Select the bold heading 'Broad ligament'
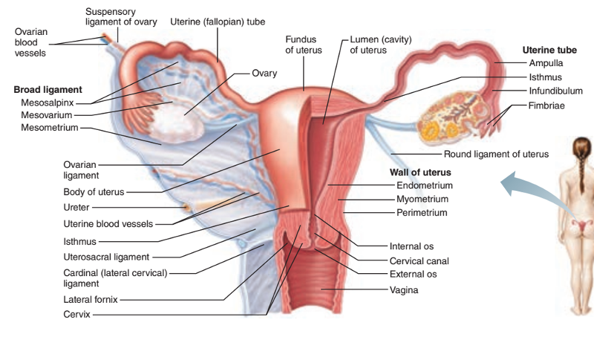pyautogui.click(x=48, y=90)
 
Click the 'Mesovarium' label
pyautogui.click(x=47, y=115)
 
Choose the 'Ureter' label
pyautogui.click(x=78, y=207)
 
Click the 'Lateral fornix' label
pyautogui.click(x=91, y=300)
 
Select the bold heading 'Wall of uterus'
pyautogui.click(x=421, y=173)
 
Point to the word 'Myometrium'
pyautogui.click(x=422, y=199)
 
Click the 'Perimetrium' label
pyautogui.click(x=422, y=213)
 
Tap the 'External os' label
pyautogui.click(x=413, y=275)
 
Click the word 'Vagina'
pyautogui.click(x=404, y=289)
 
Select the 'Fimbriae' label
pyautogui.click(x=546, y=106)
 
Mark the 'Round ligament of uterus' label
pyautogui.click(x=496, y=154)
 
